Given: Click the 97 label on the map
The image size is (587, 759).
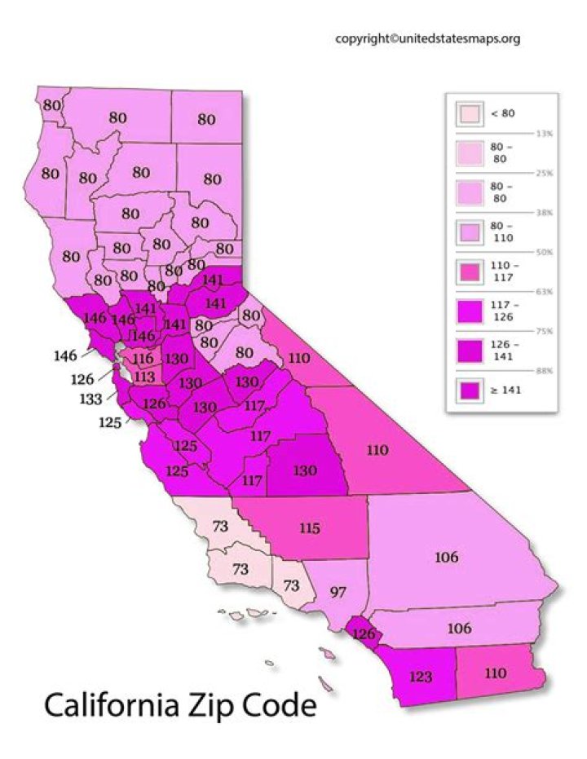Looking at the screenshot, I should (338, 589).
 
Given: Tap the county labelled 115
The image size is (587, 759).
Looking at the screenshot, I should (309, 528).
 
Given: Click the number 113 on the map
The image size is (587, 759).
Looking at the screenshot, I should (144, 377).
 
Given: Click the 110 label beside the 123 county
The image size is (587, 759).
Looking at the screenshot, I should (495, 673).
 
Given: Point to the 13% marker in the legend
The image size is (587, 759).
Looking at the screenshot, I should (543, 133).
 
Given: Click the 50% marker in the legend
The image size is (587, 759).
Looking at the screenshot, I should (543, 252).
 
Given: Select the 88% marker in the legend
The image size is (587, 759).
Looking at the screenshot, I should (543, 371).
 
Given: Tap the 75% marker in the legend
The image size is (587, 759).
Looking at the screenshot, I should (543, 331).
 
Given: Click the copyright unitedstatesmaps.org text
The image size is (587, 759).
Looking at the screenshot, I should (427, 38).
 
